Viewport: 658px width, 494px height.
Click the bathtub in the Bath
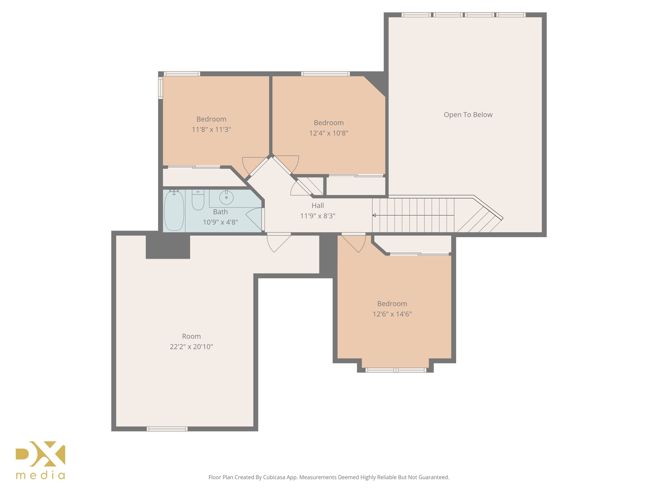(174, 211)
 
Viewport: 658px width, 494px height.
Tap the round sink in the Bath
(226, 197)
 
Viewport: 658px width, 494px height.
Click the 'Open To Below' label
(468, 115)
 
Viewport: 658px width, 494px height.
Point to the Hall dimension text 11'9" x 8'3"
(317, 216)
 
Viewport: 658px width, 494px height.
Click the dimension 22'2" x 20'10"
(191, 347)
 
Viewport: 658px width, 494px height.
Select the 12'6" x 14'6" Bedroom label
(392, 304)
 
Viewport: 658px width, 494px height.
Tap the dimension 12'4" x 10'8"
(328, 133)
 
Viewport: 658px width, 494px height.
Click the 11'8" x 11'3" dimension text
(211, 130)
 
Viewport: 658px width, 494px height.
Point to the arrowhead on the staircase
(374, 215)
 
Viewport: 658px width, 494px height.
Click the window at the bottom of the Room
(167, 429)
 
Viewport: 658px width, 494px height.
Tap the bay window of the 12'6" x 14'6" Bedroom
(396, 370)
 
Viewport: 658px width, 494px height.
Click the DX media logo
(40, 460)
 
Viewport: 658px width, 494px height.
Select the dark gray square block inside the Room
(168, 246)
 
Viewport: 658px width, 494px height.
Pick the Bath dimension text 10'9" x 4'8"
(220, 222)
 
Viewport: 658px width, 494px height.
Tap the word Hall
(317, 206)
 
